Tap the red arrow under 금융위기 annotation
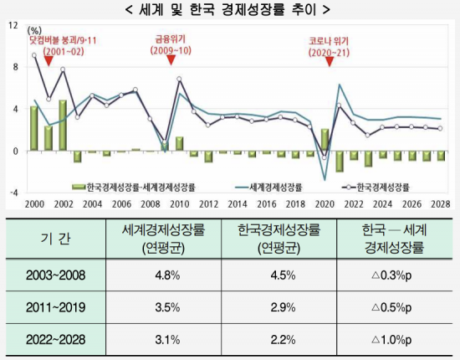(171, 59)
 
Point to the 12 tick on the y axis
(13, 26)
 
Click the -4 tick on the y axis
(13, 192)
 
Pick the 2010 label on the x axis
(176, 203)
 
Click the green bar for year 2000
(33, 129)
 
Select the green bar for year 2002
(63, 126)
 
